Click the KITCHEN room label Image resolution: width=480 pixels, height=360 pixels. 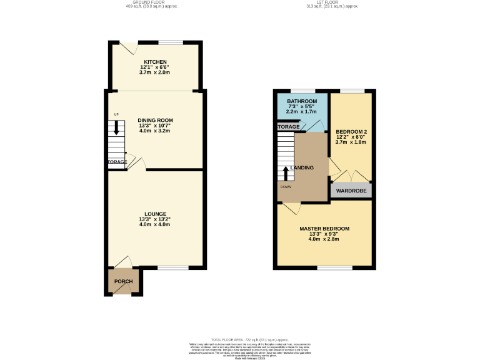point(155,62)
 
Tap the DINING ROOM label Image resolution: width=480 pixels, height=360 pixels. point(155,120)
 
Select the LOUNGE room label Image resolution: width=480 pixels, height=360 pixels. point(155,214)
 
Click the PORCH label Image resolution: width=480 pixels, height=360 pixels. point(123,281)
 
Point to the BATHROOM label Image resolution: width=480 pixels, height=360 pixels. point(302,101)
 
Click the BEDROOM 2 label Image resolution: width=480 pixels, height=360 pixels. point(350,131)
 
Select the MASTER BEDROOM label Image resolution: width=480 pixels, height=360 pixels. point(324,229)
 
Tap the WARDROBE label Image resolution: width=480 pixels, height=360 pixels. point(351,191)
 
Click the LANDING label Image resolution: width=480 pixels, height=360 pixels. point(319,167)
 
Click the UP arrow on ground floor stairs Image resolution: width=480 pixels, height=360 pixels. point(116,127)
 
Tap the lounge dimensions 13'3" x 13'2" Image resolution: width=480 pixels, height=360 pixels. point(155,219)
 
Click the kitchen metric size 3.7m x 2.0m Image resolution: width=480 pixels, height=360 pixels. point(155,72)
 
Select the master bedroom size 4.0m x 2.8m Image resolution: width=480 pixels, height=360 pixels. point(324,239)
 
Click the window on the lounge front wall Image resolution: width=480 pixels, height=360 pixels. point(172,268)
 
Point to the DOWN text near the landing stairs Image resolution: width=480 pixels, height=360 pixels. point(285,186)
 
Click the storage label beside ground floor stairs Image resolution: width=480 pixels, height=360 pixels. point(117,162)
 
